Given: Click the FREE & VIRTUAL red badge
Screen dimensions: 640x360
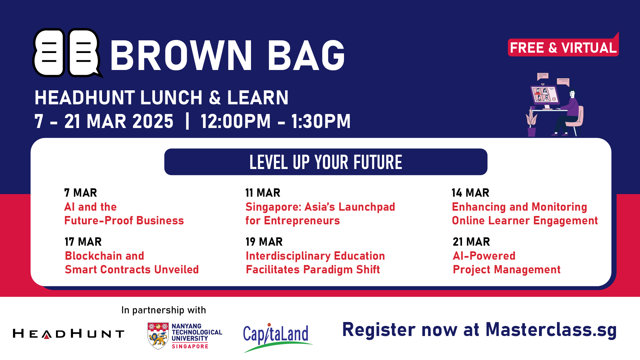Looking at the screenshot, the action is pyautogui.click(x=563, y=47).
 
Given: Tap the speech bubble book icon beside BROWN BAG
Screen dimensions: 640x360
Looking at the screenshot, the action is pyautogui.click(x=67, y=53).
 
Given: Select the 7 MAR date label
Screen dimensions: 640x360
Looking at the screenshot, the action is pyautogui.click(x=81, y=193).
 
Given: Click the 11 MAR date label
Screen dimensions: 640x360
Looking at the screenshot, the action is pyautogui.click(x=263, y=193).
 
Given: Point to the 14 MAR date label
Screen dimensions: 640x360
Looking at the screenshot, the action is pyautogui.click(x=470, y=193).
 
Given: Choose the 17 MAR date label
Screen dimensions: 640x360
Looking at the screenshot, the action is pyautogui.click(x=83, y=242).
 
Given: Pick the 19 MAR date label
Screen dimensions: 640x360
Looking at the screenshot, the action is pyautogui.click(x=264, y=242).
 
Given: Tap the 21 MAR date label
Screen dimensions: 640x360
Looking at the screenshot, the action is pyautogui.click(x=471, y=242).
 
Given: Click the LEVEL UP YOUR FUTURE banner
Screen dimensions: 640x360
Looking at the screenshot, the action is pyautogui.click(x=326, y=162).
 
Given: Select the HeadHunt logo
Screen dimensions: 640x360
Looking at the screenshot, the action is pyautogui.click(x=68, y=333).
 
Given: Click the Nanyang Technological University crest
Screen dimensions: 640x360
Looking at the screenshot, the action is pyautogui.click(x=158, y=336).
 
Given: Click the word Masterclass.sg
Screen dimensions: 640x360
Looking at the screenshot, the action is pyautogui.click(x=551, y=330).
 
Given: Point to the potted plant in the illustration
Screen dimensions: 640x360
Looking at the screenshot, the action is pyautogui.click(x=531, y=122).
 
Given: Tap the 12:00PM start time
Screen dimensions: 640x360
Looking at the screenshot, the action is pyautogui.click(x=235, y=121).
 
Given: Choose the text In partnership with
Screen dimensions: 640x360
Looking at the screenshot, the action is pyautogui.click(x=164, y=310).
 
